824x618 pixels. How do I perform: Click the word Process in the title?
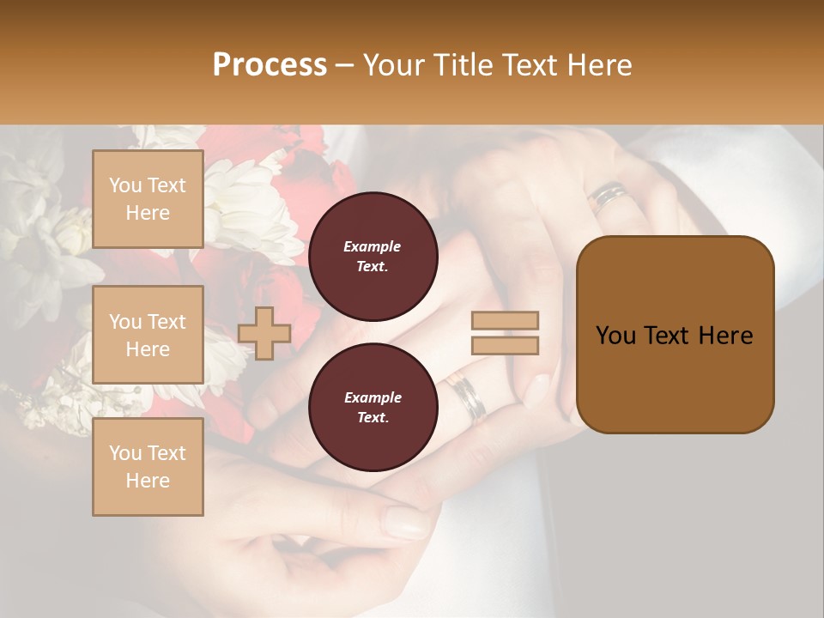tap(270, 65)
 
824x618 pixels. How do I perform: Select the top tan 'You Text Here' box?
tap(148, 199)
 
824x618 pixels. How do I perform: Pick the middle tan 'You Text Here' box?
tap(148, 335)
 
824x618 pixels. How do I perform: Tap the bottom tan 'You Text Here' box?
tap(148, 467)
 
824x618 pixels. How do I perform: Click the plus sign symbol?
tap(264, 333)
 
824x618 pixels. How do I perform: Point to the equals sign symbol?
tap(505, 333)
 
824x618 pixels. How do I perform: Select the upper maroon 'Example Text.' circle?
tap(373, 257)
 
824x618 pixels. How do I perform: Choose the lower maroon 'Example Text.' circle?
tap(373, 408)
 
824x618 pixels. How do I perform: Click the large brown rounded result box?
tap(675, 335)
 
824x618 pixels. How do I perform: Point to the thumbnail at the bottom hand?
tap(405, 520)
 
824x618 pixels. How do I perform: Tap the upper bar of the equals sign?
tap(505, 321)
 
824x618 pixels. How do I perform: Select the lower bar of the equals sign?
tap(505, 345)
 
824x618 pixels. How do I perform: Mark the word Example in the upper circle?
tap(373, 247)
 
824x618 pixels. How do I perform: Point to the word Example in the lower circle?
tap(373, 398)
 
